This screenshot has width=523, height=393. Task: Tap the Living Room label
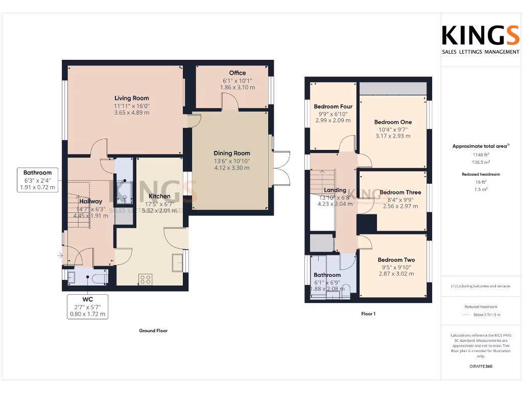click(132, 98)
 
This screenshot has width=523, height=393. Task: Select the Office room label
click(237, 73)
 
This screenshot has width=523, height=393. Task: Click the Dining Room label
click(231, 153)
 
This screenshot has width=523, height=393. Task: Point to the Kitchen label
click(159, 196)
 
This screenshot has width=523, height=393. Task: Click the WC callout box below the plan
click(88, 306)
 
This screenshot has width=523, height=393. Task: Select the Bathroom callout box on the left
click(37, 180)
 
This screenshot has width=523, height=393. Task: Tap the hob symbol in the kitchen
click(145, 279)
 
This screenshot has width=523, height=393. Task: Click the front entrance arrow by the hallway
click(60, 254)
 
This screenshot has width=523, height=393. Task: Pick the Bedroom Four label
click(333, 106)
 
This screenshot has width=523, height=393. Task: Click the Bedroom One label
click(393, 122)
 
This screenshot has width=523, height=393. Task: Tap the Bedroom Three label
click(400, 192)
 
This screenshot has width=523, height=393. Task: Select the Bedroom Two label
click(396, 259)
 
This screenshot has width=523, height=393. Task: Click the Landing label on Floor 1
click(335, 190)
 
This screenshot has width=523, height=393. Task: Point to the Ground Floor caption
click(153, 331)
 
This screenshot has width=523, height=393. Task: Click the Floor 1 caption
click(368, 314)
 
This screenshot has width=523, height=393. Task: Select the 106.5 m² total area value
click(480, 161)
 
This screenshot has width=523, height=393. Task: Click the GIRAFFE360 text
click(480, 366)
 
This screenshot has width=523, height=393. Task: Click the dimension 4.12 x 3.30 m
click(231, 167)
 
